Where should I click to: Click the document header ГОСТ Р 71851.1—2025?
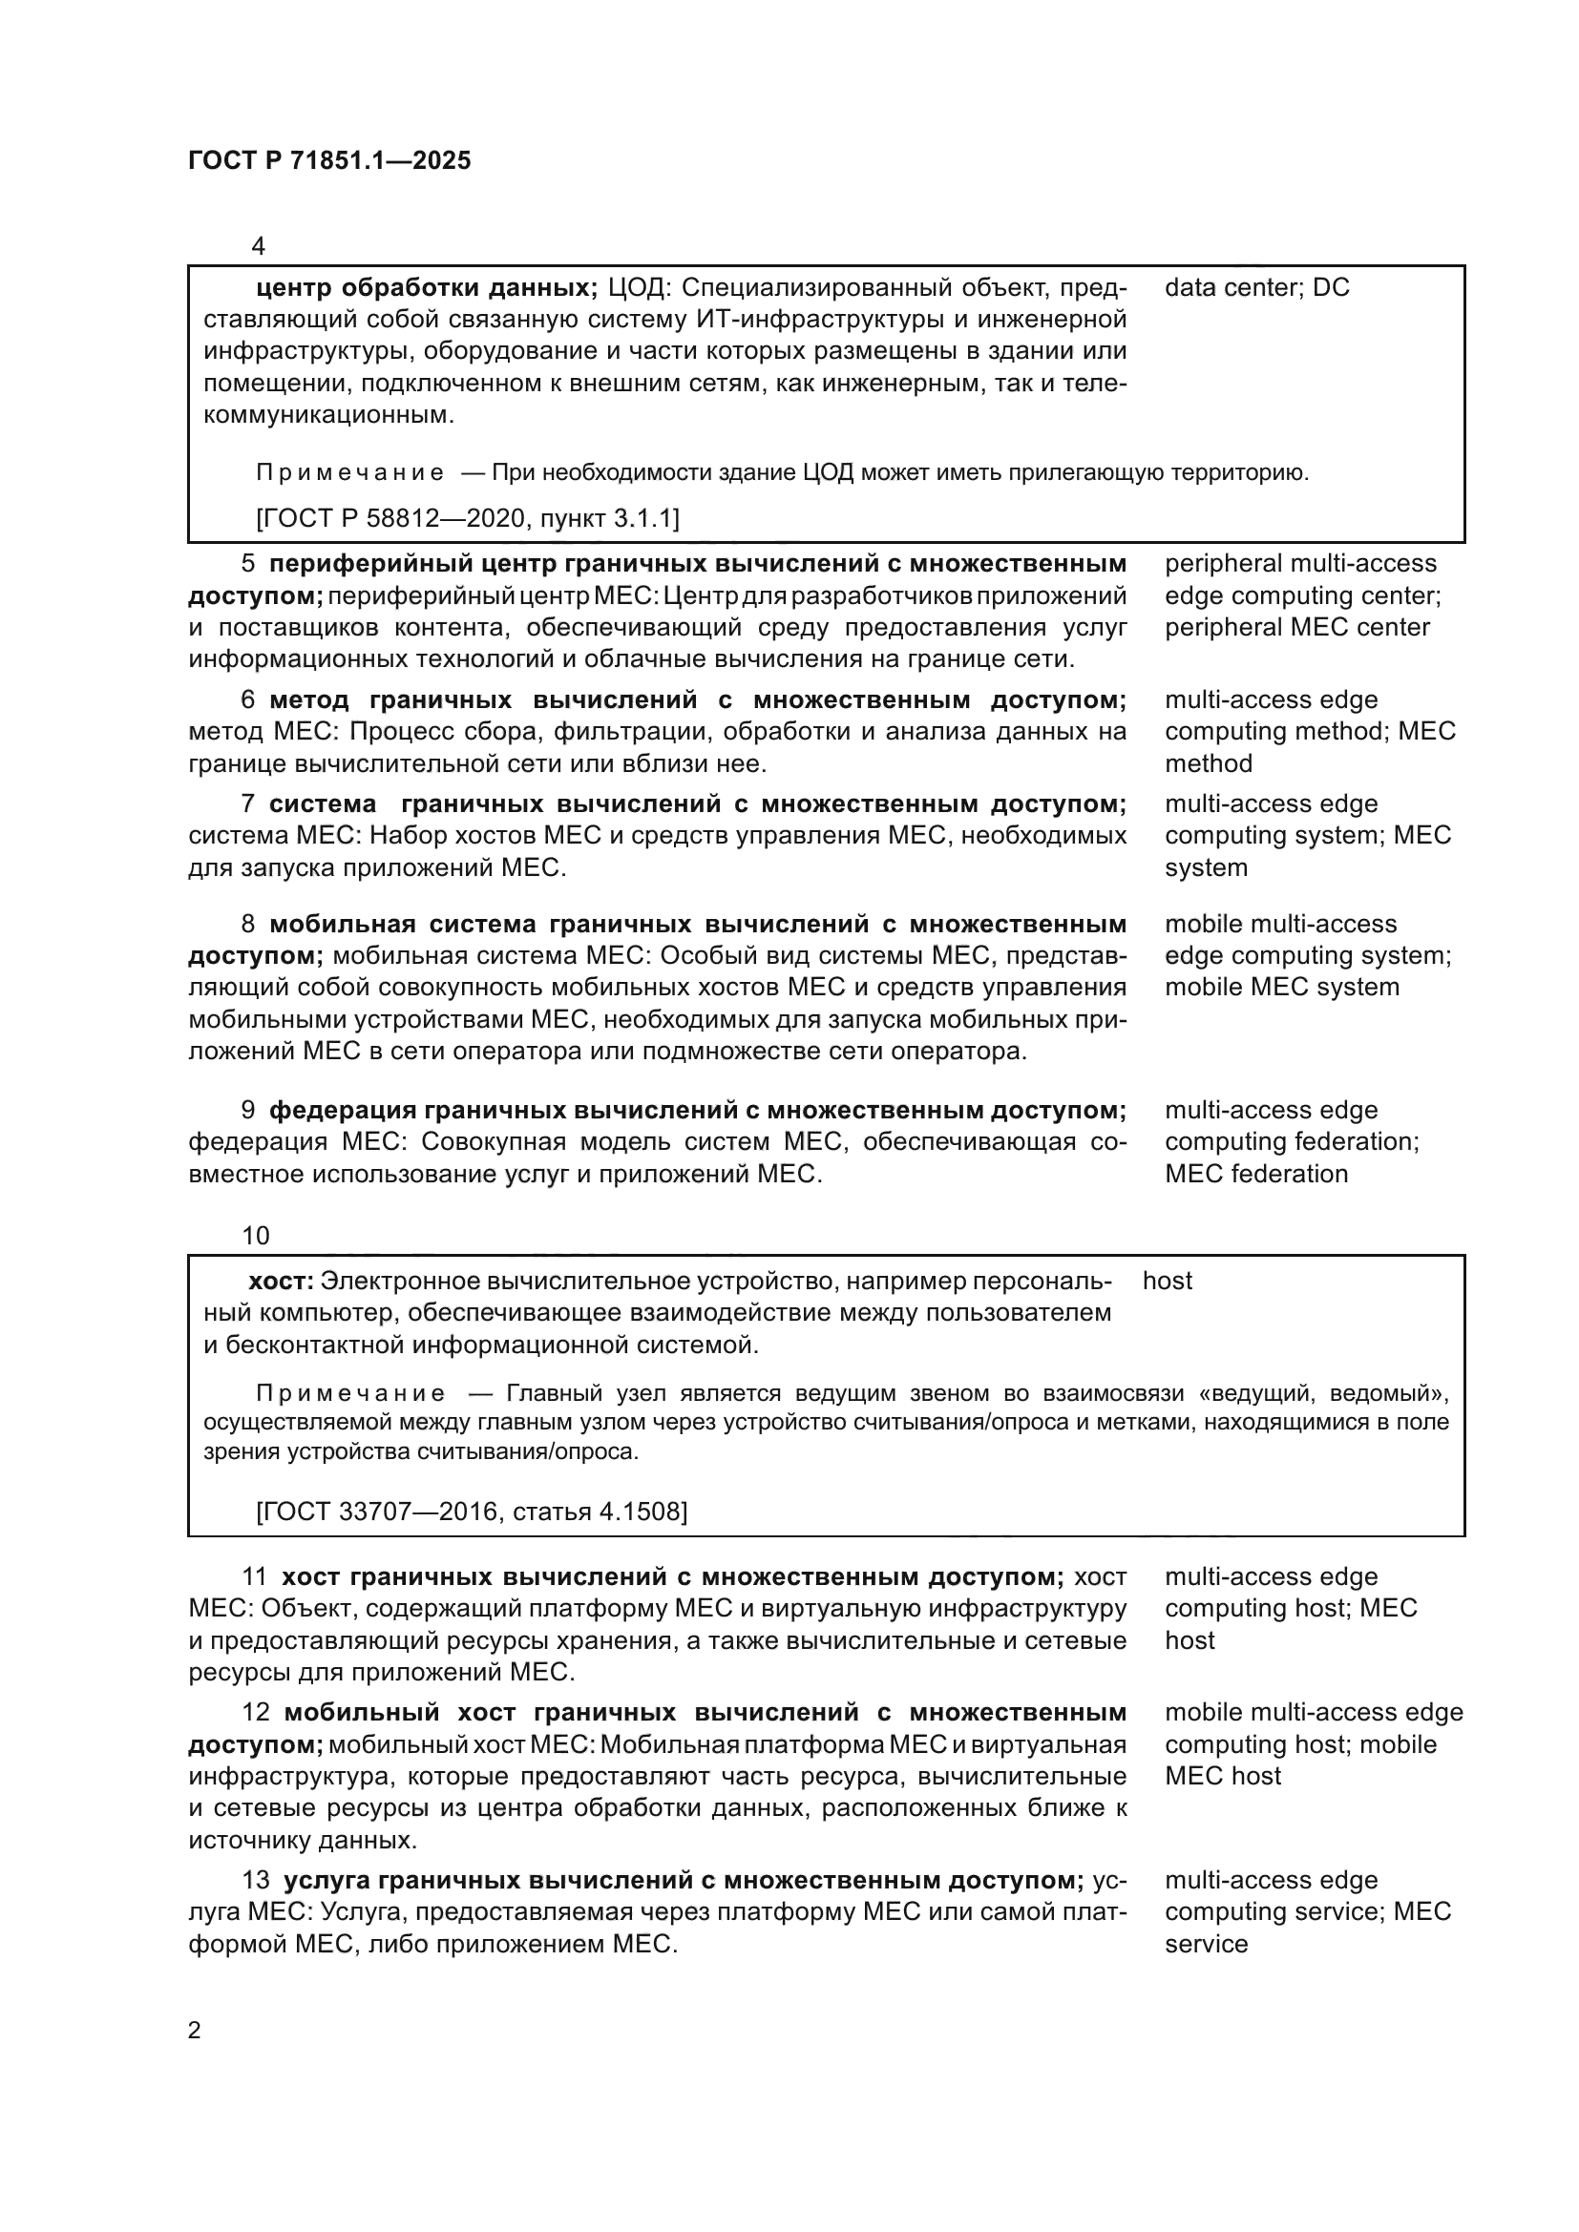click(x=329, y=160)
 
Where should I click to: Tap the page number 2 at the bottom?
click(x=195, y=2030)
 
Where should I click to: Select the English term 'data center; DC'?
click(x=1256, y=288)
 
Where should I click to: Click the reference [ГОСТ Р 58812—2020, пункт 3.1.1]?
click(x=468, y=518)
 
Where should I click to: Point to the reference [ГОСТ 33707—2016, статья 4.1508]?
click(x=472, y=1511)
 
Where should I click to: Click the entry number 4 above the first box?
click(x=258, y=246)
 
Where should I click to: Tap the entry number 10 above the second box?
click(x=256, y=1236)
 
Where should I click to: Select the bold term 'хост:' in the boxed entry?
click(x=281, y=1282)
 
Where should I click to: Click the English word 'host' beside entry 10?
click(x=1167, y=1282)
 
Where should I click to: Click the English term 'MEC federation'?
click(x=1256, y=1174)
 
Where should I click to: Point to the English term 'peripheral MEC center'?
click(x=1297, y=627)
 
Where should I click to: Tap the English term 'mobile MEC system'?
click(x=1281, y=987)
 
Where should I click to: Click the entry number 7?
click(x=248, y=803)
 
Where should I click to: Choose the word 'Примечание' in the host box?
click(x=350, y=1394)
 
